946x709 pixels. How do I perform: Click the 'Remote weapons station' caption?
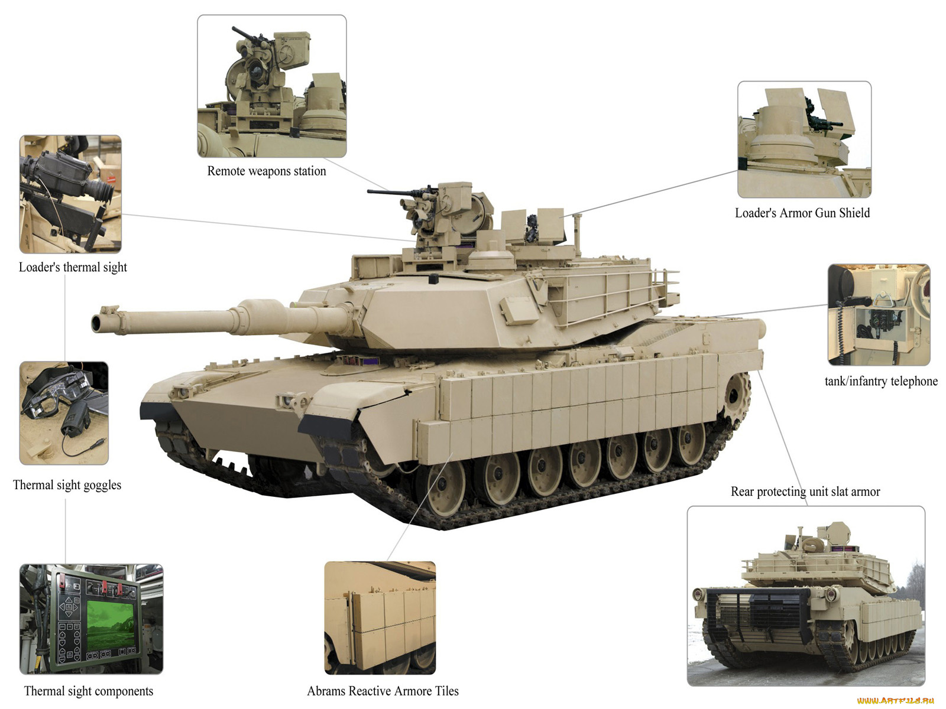266,171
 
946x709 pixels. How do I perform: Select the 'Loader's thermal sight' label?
73,267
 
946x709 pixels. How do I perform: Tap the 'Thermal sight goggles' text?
67,485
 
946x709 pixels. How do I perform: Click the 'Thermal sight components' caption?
88,691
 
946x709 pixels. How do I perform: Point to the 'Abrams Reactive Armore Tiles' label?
383,691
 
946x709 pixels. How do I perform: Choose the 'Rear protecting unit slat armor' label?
805,492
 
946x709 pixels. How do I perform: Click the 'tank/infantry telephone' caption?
881,381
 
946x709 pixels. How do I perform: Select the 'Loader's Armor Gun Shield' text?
802,213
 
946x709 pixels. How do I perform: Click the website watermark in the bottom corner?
895,701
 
